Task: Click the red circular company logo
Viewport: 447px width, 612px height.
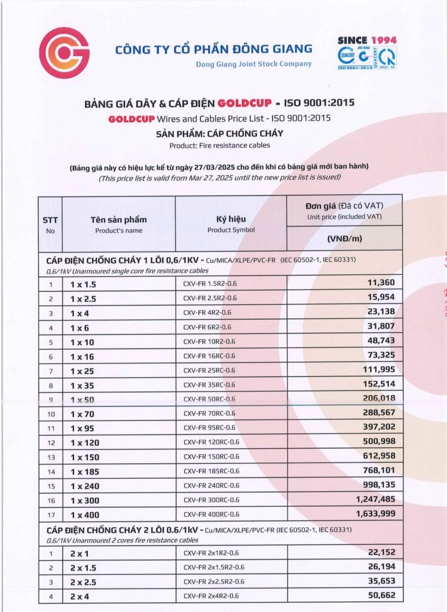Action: point(64,53)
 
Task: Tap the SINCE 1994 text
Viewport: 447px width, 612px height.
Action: point(367,40)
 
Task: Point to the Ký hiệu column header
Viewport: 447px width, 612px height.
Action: point(231,219)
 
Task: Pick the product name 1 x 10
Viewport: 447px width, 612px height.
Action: point(82,341)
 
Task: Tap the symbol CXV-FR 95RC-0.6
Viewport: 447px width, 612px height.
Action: point(209,427)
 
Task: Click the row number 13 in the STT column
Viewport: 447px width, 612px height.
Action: point(51,457)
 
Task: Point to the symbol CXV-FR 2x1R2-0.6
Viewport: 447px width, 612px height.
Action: point(211,553)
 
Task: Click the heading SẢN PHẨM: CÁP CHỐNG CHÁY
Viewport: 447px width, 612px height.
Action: point(219,133)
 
